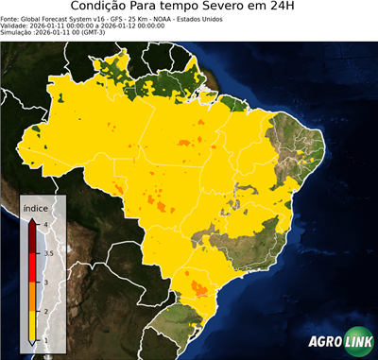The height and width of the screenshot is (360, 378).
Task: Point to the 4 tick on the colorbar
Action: pos(45,224)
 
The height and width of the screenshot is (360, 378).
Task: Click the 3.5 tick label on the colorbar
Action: pos(48,253)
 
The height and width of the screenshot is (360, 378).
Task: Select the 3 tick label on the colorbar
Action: pos(45,282)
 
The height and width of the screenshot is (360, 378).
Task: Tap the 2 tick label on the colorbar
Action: pos(45,310)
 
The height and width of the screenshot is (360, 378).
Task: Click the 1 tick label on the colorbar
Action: pos(45,338)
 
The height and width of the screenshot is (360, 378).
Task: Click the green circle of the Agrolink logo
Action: pos(358,343)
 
